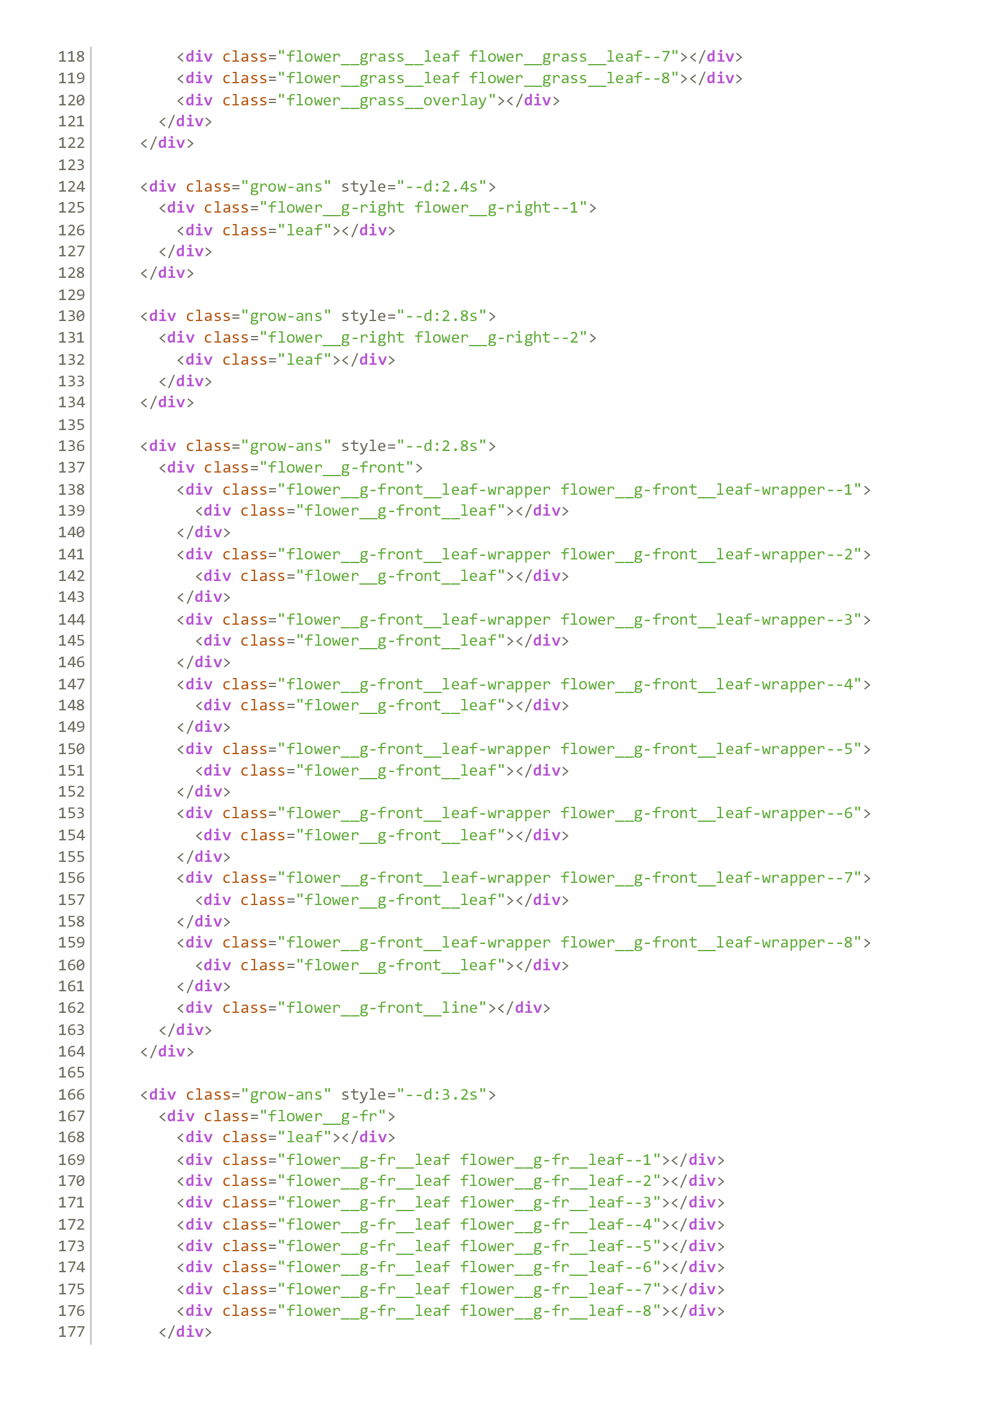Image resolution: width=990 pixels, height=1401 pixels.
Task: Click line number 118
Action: point(71,57)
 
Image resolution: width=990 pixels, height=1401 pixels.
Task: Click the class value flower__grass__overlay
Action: point(387,100)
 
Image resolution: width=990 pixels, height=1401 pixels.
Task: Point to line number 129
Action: point(71,295)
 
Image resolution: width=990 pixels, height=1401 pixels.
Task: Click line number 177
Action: point(71,1332)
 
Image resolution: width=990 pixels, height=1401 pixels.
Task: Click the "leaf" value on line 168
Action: point(305,1137)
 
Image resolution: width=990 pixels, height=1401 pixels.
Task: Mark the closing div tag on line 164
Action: point(167,1051)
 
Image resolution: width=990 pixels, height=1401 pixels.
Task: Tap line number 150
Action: point(71,749)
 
